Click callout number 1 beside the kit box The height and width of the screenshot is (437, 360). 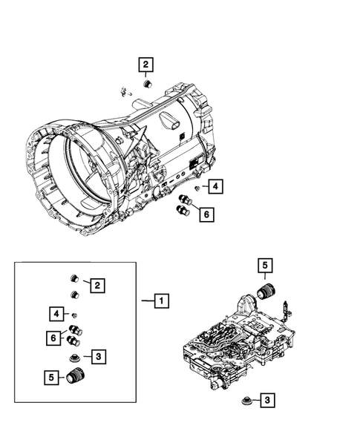160,300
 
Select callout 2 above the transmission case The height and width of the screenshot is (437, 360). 146,65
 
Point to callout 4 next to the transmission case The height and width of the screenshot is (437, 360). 214,186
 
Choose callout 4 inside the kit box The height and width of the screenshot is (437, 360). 56,312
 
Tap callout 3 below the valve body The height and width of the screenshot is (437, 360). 266,401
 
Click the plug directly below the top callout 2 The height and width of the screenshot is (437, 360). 146,85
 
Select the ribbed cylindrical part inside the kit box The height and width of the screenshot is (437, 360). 75,378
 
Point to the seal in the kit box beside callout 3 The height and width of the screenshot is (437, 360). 74,359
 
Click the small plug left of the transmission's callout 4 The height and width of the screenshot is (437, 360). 196,190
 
